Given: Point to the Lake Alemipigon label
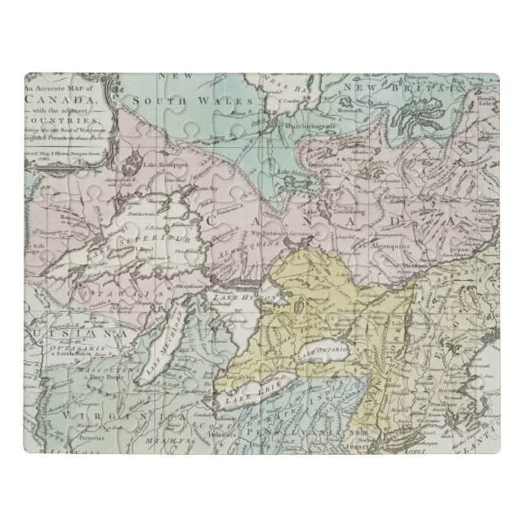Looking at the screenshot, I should click(x=167, y=163).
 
